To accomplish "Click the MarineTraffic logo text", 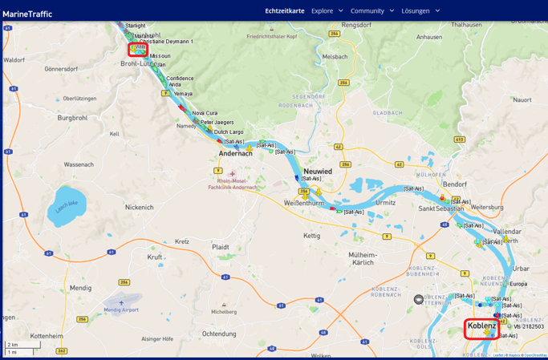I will click(27, 14).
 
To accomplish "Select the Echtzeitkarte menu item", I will click(285, 10).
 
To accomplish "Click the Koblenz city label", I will click(481, 326).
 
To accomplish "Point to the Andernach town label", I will click(236, 153).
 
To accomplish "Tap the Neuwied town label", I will click(318, 172).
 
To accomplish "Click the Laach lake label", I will click(67, 204).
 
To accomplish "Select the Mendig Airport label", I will click(121, 309).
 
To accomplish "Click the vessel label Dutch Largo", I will click(229, 132).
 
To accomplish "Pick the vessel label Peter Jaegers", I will click(217, 123).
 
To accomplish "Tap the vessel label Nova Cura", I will click(205, 113).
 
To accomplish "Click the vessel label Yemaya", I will click(183, 94).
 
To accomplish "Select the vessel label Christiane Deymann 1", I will click(166, 42).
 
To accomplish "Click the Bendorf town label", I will click(455, 184).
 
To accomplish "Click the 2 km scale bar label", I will click(14, 345).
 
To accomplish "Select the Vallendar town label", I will click(507, 231).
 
